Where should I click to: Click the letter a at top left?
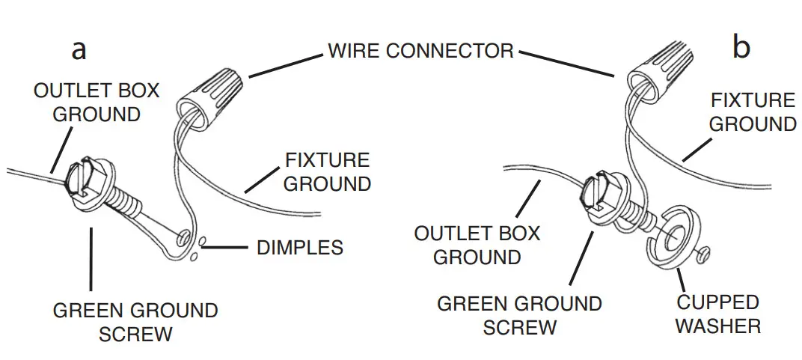pos(79,49)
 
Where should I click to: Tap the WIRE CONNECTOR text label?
pos(420,51)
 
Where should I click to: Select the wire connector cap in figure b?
pos(659,72)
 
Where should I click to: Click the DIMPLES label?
pos(299,247)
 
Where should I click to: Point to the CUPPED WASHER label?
pos(717,314)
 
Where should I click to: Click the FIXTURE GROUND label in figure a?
pos(327,172)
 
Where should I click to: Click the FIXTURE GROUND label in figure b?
pos(752,112)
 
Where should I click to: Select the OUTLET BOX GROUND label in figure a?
pos(97,103)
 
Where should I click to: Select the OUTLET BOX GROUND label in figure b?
pos(477,245)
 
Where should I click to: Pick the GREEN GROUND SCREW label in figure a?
pos(135,322)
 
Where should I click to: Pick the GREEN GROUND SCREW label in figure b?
pos(519,316)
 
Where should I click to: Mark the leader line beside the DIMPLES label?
pos(227,246)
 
